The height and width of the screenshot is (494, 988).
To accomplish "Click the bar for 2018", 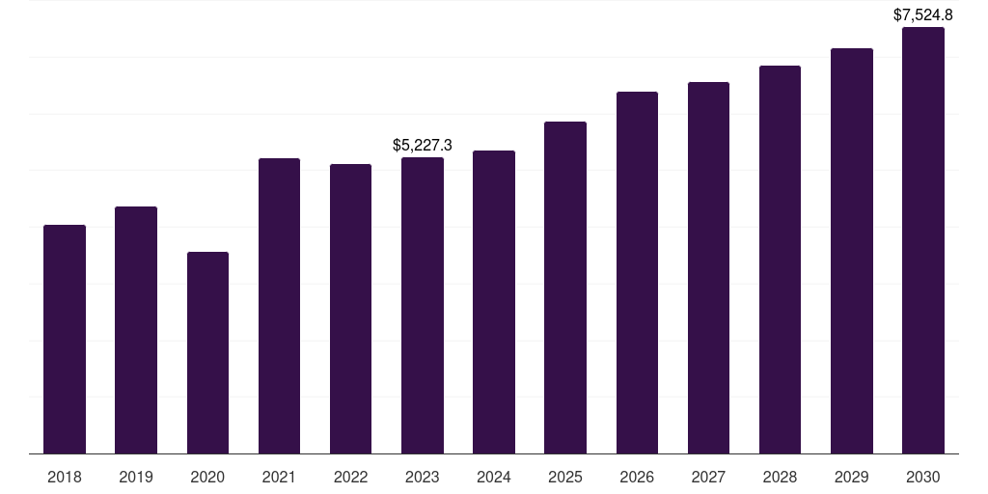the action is click(65, 339).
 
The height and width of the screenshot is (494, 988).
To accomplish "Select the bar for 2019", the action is click(136, 330).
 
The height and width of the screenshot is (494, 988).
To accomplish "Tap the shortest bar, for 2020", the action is click(208, 353).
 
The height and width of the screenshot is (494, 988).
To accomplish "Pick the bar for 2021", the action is click(279, 306).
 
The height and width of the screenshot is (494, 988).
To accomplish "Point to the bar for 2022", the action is click(350, 309).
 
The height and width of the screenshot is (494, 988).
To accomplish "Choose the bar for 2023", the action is click(423, 306).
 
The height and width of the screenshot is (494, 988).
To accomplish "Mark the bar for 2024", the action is click(494, 302).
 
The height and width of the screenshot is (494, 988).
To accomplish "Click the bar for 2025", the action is click(565, 288).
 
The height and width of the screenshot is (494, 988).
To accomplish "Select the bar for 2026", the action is click(637, 273).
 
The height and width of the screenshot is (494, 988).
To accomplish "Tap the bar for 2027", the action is click(708, 268).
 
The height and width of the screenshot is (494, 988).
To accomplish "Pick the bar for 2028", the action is click(780, 260).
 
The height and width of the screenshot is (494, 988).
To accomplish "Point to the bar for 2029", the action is click(852, 251).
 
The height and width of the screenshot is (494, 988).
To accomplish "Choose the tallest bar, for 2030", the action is click(923, 240).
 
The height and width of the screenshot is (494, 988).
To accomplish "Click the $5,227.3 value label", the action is click(423, 145).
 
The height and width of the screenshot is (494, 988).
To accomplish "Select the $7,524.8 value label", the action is click(923, 15).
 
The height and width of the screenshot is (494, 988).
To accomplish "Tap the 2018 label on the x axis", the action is click(65, 477).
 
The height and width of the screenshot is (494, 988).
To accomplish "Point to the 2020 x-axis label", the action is click(208, 477).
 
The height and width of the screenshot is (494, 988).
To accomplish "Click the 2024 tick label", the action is click(494, 477).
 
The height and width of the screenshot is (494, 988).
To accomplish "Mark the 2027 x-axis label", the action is click(708, 477).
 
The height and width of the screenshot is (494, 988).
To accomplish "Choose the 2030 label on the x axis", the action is click(923, 477).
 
